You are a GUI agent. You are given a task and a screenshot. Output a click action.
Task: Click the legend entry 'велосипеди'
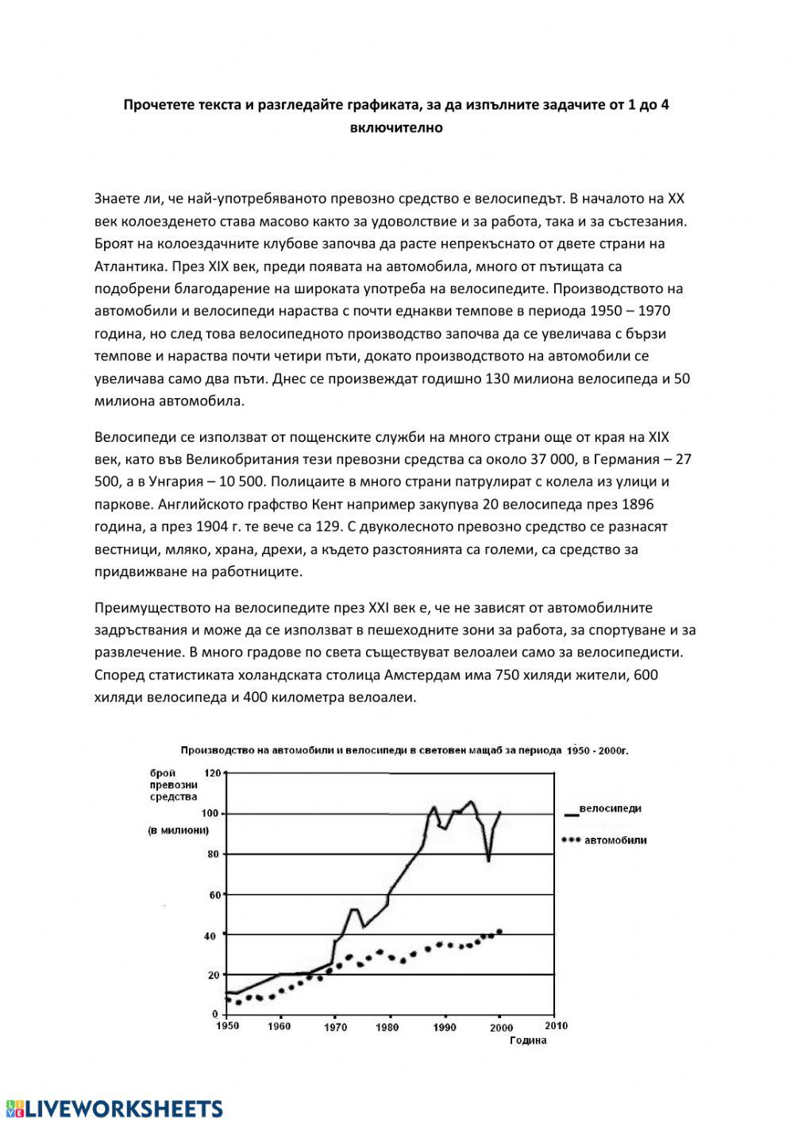click(x=610, y=809)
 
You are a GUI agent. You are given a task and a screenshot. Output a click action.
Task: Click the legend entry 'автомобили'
click(x=615, y=840)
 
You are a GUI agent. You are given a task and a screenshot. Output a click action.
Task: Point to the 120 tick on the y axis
click(x=213, y=773)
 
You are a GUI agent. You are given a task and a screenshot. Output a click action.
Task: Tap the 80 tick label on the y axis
click(x=213, y=854)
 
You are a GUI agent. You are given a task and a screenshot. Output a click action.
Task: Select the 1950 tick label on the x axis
click(x=227, y=1026)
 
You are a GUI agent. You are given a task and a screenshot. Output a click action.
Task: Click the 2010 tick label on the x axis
click(x=556, y=1026)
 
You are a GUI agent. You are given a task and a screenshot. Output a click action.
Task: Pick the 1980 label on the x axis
click(x=387, y=1026)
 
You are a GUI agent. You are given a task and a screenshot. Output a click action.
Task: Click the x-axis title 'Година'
click(x=528, y=1040)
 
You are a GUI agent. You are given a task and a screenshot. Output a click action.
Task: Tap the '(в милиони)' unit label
click(x=178, y=831)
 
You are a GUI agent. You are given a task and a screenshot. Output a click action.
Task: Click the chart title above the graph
click(x=404, y=749)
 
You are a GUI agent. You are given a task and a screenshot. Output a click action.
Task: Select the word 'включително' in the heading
click(x=395, y=126)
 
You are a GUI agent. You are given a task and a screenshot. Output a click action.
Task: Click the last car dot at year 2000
click(x=499, y=931)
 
